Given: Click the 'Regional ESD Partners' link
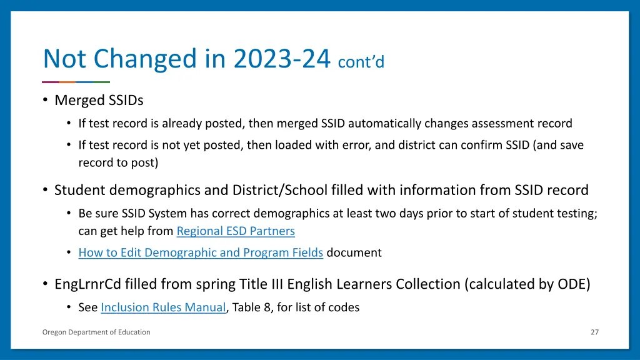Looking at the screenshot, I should [x=236, y=231].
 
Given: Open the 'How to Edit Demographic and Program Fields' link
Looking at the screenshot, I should [x=201, y=253].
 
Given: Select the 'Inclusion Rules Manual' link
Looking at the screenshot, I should [x=162, y=307].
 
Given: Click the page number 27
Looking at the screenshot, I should [x=594, y=332].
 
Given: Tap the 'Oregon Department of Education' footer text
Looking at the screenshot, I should [x=96, y=332].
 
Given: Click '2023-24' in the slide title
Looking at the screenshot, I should [x=282, y=59].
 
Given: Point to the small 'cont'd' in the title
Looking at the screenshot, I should [x=361, y=62].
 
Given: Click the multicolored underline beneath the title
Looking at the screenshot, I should [x=76, y=82].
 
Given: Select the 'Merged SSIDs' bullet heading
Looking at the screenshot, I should [x=99, y=101].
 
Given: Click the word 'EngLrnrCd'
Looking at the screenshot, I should [x=87, y=284].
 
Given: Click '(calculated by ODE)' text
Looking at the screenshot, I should [x=527, y=284].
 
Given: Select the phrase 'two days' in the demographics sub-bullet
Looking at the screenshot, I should [x=424, y=214].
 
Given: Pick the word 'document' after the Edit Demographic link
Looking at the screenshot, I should [x=354, y=253].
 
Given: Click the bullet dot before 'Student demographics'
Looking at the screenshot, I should [x=46, y=190].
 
